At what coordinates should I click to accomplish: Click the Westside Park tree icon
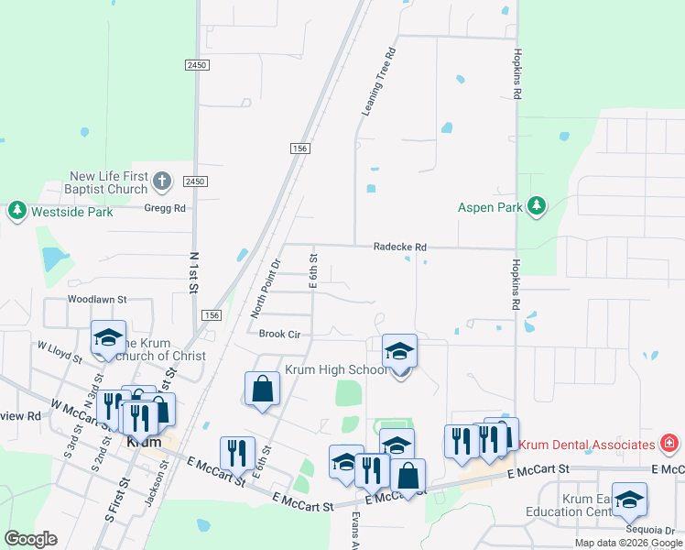[16, 212]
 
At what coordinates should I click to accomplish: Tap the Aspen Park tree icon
[537, 207]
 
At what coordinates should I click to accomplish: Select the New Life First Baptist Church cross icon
[161, 181]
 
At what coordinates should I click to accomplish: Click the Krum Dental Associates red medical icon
[669, 444]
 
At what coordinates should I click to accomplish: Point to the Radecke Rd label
[400, 247]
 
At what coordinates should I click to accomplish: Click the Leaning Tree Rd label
[378, 82]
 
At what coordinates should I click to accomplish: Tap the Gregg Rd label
[165, 208]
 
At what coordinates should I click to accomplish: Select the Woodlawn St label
[96, 299]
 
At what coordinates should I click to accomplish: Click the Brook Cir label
[279, 335]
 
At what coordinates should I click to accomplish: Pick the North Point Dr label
[266, 288]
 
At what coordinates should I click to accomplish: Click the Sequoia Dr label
[650, 530]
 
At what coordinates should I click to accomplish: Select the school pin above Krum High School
[399, 351]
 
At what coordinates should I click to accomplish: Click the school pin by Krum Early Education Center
[628, 500]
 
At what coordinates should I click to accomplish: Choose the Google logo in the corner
[30, 539]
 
